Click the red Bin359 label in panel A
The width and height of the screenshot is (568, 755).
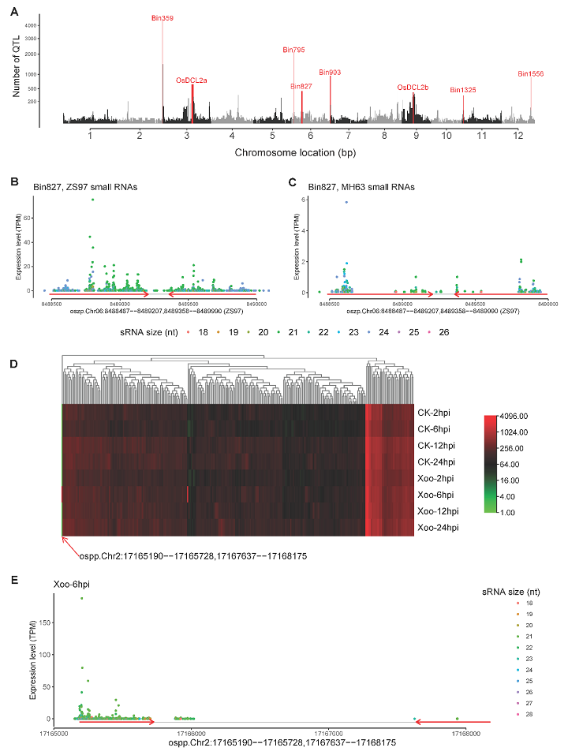click(163, 17)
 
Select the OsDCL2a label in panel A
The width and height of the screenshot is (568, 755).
click(192, 80)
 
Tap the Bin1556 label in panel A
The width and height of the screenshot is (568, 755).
click(531, 73)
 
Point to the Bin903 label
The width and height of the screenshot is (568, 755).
click(330, 72)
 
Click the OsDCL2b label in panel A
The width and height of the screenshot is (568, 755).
click(413, 87)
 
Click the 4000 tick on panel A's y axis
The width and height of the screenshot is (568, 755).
click(31, 26)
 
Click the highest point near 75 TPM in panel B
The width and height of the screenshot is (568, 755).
click(92, 200)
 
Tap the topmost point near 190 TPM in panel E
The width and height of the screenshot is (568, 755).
click(81, 598)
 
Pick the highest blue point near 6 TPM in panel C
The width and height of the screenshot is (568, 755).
click(346, 202)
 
